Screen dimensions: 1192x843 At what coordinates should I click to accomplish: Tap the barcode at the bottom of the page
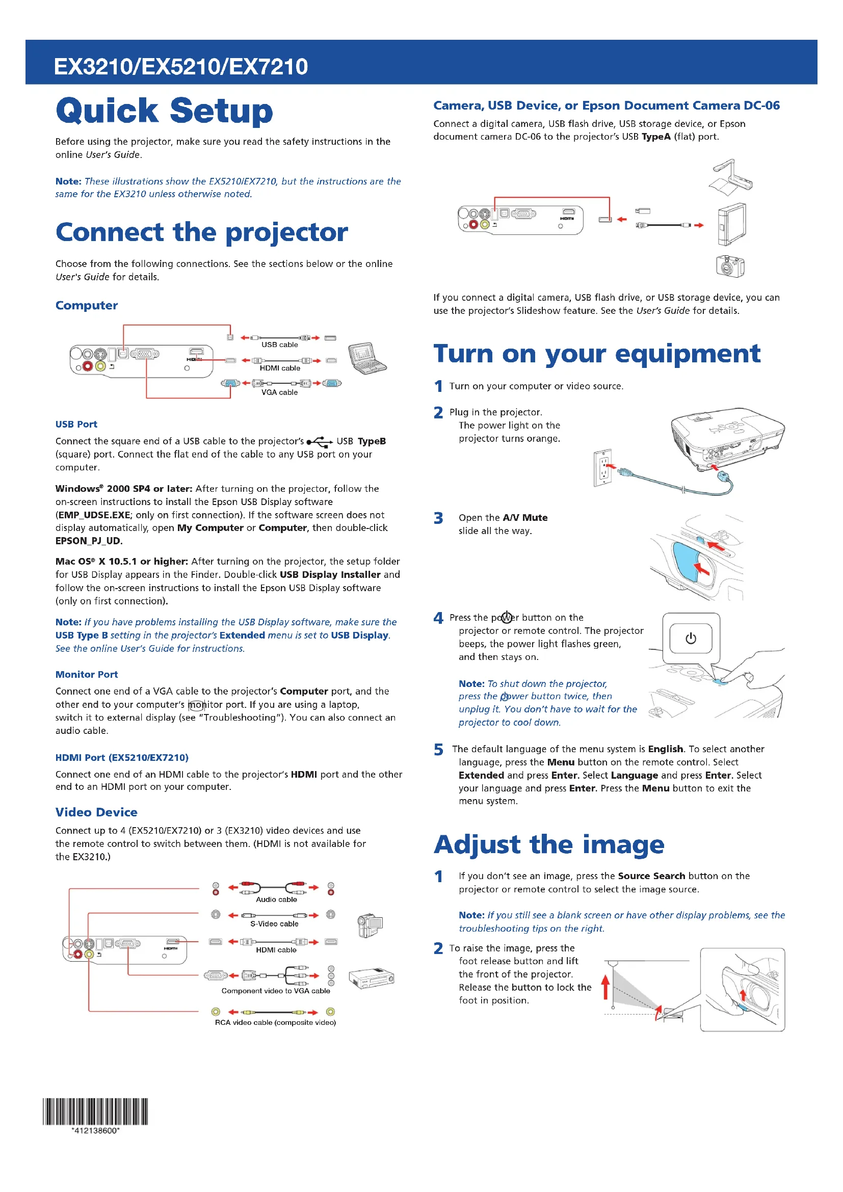pos(95,1111)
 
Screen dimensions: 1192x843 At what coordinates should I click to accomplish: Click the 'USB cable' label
pos(279,345)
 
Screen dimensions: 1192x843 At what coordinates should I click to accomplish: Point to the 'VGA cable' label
pos(279,392)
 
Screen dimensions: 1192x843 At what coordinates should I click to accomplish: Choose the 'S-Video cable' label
pos(274,924)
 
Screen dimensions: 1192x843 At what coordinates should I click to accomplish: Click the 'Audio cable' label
pos(276,899)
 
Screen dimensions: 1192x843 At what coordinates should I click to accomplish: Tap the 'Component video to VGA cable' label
pos(276,991)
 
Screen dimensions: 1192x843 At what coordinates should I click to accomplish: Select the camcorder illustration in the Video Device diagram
pos(370,925)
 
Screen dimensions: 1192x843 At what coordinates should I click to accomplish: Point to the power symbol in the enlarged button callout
pos(691,639)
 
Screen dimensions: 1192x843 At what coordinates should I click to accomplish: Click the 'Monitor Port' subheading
pos(87,674)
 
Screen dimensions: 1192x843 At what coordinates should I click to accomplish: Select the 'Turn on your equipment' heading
pos(597,354)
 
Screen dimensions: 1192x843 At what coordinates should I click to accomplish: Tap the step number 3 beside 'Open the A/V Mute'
pos(439,518)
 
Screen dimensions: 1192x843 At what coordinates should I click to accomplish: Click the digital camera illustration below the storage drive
pos(730,266)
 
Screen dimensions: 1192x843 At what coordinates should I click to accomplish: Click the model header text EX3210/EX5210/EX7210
pos(180,66)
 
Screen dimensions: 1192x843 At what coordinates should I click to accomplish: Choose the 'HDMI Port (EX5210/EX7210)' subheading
pos(122,757)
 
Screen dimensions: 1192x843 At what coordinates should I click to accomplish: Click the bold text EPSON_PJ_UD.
pos(89,541)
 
